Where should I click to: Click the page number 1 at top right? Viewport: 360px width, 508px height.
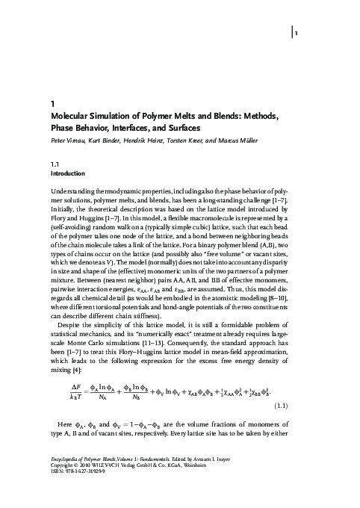click(297, 33)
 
